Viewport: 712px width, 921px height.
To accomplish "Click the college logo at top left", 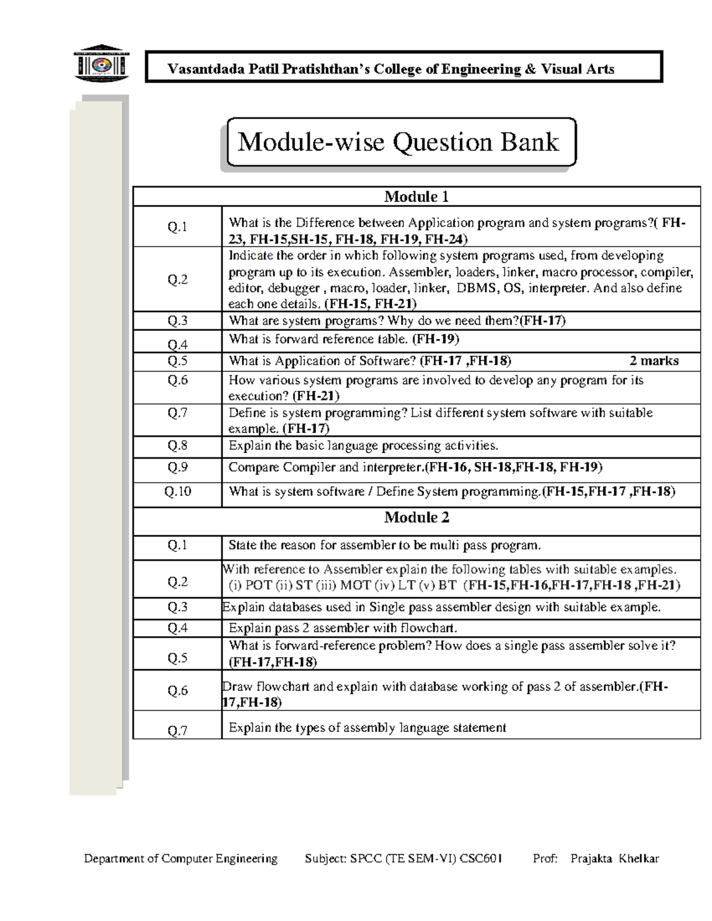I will [x=100, y=63].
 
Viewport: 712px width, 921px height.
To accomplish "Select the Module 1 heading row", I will [x=417, y=197].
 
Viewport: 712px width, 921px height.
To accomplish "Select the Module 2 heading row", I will [x=417, y=518].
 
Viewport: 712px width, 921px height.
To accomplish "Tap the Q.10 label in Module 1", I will [x=177, y=492].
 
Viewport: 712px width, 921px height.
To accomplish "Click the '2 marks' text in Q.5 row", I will [x=654, y=361].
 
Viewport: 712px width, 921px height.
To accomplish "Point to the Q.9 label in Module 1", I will [x=177, y=467].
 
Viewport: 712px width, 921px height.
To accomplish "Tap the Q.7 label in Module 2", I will [x=177, y=731].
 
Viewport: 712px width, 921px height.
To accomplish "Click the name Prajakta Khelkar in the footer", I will [x=614, y=859].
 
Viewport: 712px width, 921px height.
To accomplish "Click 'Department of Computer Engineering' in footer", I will [x=180, y=859].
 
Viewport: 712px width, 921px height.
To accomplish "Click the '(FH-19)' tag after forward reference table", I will [x=436, y=339].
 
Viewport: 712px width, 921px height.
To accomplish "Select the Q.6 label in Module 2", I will [x=177, y=690].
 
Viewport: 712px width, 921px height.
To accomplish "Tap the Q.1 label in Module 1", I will [x=177, y=227].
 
